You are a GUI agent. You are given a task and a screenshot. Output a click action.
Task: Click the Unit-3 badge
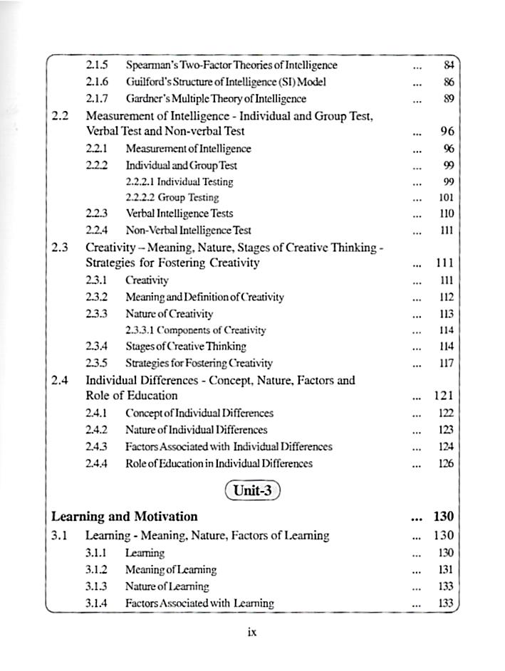(x=252, y=491)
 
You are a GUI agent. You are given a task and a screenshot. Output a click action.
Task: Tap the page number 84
(x=448, y=65)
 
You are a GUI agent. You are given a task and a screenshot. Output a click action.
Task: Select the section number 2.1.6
(x=96, y=82)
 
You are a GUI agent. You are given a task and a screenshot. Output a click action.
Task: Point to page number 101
(x=447, y=198)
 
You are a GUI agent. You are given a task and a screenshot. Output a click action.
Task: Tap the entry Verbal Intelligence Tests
(x=179, y=213)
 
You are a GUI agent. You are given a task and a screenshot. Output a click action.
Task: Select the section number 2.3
(x=60, y=248)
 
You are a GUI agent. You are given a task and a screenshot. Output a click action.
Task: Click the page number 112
(x=447, y=297)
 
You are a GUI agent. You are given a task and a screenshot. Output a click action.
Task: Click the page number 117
(x=447, y=364)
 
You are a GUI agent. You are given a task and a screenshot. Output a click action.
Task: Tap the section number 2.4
(x=60, y=380)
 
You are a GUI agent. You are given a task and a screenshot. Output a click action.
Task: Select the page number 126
(x=447, y=464)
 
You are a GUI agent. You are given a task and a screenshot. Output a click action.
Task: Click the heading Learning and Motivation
(x=125, y=517)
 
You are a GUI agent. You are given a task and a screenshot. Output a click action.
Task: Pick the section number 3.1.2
(x=96, y=570)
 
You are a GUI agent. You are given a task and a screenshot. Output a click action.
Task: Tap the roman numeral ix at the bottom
(x=251, y=632)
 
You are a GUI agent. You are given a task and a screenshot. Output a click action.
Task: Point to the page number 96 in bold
(x=447, y=132)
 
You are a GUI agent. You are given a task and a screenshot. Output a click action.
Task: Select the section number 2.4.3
(x=96, y=447)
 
